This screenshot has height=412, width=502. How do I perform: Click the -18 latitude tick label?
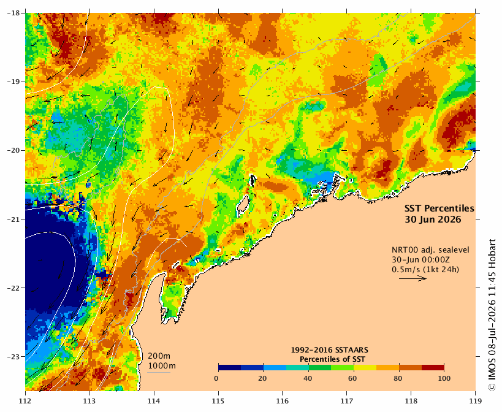click(13, 13)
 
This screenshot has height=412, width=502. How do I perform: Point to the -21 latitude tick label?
click(13, 219)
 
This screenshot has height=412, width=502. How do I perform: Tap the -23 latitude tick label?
click(13, 356)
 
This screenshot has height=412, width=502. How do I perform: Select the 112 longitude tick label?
click(25, 401)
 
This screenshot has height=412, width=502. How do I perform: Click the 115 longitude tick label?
click(218, 401)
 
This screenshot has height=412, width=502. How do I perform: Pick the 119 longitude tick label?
click(476, 401)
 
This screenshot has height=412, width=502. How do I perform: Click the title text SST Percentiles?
click(439, 208)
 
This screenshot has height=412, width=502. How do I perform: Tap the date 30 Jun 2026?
click(433, 219)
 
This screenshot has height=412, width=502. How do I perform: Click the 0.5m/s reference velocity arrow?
click(413, 278)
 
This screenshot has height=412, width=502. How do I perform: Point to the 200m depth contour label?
click(159, 356)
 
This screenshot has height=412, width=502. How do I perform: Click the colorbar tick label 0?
click(216, 378)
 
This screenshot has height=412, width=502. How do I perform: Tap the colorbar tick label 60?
click(352, 378)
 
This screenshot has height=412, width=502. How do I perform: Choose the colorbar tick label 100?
click(444, 378)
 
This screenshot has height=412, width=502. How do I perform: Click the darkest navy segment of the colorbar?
click(230, 367)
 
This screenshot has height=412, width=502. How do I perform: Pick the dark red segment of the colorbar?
click(433, 367)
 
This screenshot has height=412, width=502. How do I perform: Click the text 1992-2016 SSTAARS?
click(329, 350)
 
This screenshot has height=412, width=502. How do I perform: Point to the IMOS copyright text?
click(492, 315)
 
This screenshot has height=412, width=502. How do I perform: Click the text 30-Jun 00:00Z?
click(420, 259)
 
